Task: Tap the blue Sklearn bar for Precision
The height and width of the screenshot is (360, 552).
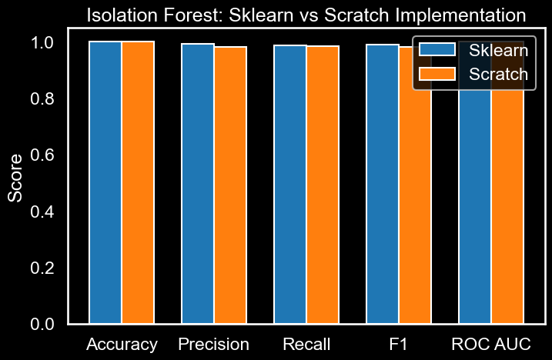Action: [198, 185]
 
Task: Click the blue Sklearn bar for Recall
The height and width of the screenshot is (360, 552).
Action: [290, 185]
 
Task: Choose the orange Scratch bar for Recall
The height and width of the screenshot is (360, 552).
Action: [323, 185]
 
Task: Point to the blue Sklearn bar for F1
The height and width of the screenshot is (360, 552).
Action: [383, 185]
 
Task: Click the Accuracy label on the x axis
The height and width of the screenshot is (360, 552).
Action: [122, 344]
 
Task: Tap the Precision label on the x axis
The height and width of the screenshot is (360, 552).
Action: [213, 344]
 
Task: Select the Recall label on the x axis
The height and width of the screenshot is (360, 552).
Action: [306, 344]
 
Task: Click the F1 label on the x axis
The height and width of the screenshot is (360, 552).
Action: [399, 344]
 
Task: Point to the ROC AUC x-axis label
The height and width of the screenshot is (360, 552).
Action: [491, 344]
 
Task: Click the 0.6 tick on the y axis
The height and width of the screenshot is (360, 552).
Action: [44, 155]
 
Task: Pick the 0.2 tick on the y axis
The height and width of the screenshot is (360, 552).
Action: [44, 268]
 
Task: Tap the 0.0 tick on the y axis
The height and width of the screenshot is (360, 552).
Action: [44, 324]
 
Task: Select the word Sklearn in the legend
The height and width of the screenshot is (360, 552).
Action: [498, 51]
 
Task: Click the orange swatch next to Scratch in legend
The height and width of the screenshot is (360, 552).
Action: [437, 74]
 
